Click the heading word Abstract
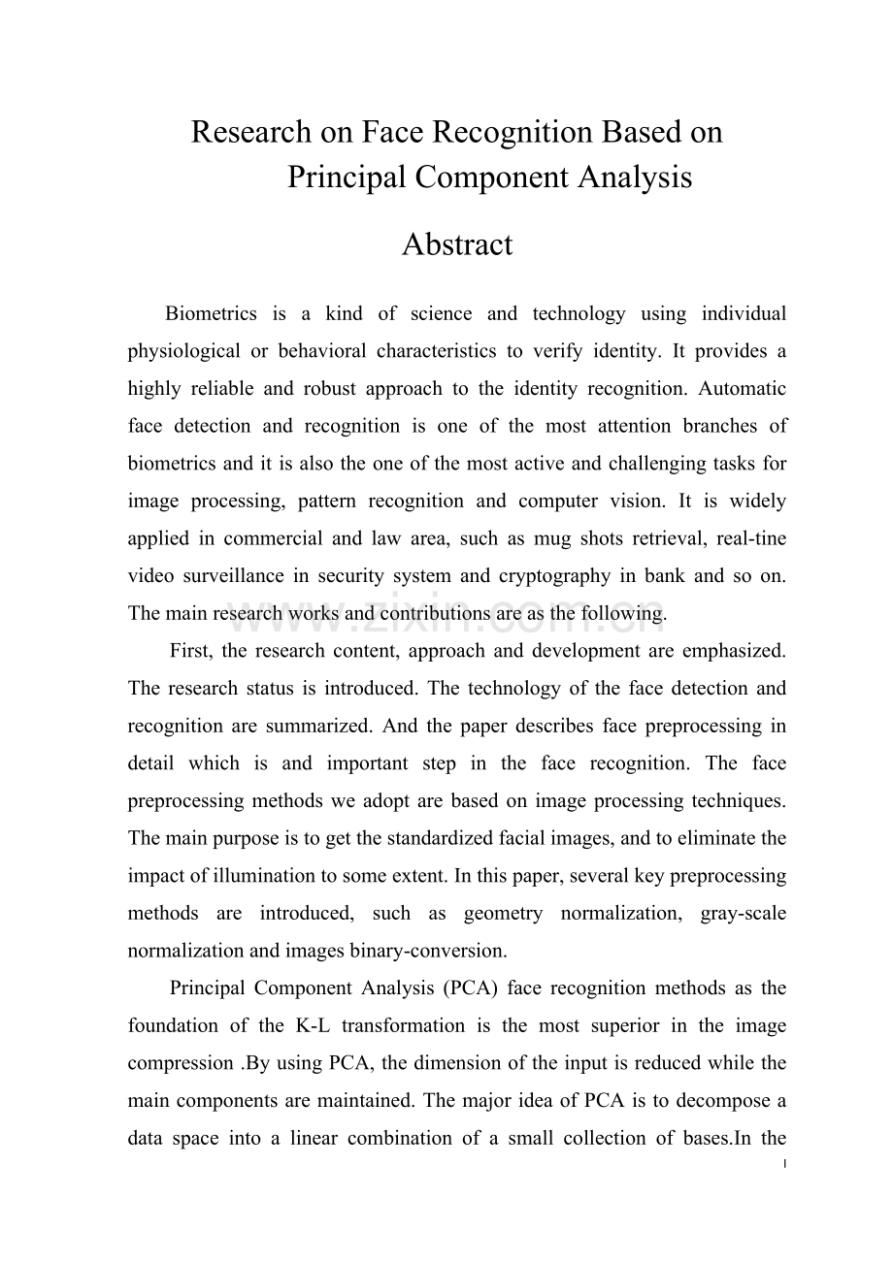tap(456, 244)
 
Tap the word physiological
tap(183, 351)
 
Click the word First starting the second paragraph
tap(190, 651)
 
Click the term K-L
tap(309, 1026)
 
